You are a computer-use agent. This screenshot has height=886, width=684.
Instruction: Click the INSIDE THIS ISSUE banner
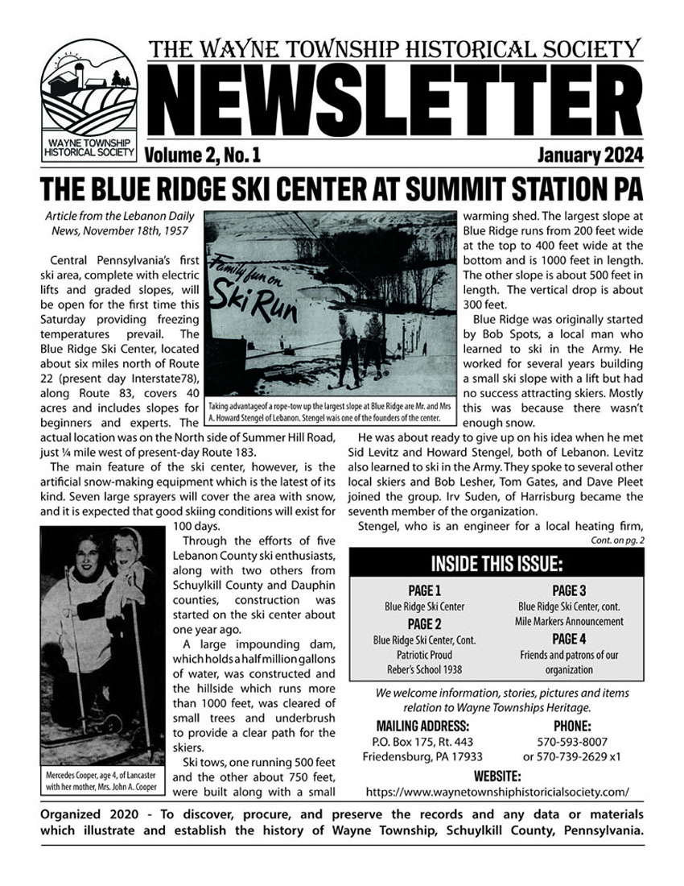[x=497, y=562]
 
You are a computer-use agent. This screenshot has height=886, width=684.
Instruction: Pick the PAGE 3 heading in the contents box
[x=569, y=590]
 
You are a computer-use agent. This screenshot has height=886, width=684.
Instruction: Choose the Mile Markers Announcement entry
[x=569, y=621]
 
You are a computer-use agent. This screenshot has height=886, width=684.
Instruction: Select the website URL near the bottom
[x=497, y=791]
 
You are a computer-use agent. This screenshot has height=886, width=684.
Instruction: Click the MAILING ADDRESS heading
[x=423, y=725]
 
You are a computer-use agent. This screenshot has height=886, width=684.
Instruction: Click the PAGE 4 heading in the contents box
[x=569, y=639]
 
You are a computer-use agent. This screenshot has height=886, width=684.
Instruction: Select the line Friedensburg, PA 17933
[x=423, y=756]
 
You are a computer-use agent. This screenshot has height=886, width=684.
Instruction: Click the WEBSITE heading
[x=497, y=776]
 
